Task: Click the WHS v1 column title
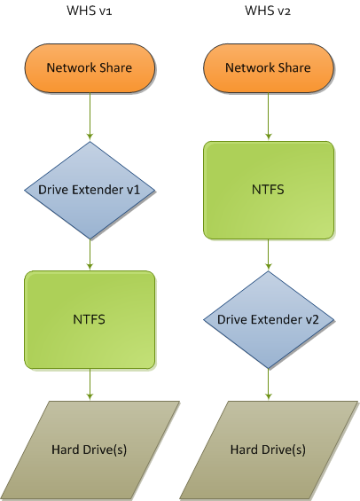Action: coord(90,11)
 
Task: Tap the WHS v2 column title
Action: coord(268,11)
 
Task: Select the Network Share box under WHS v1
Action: coord(90,68)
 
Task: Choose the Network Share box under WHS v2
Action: coord(269,68)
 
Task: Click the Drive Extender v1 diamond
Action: coord(90,190)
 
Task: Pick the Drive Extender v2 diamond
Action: coord(269,320)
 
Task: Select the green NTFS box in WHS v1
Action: coord(90,320)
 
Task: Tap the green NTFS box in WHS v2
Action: coord(269,190)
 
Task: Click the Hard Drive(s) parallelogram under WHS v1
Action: coord(90,450)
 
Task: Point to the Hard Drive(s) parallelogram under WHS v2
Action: coord(269,450)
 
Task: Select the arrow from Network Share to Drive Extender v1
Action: coord(90,117)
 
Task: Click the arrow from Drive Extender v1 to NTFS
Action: coord(90,254)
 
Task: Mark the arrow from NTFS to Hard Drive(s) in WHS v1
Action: coord(90,385)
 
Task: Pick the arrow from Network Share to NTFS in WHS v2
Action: coord(269,117)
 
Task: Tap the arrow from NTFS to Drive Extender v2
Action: coord(269,254)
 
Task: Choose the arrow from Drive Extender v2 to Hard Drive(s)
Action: coord(269,385)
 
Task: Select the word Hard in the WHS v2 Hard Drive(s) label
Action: coord(242,450)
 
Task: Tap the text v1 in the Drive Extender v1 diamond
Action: coord(134,190)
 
